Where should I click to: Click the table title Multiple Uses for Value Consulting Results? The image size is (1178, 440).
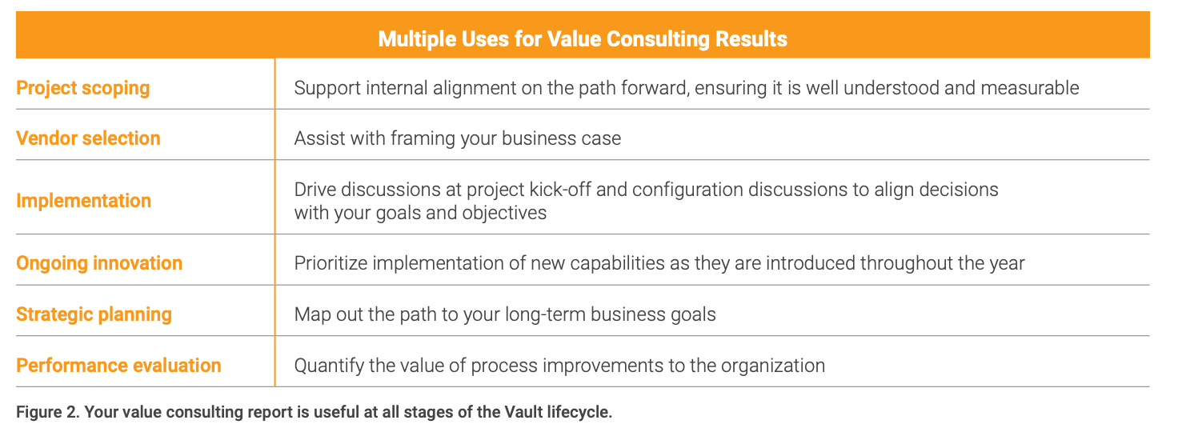click(x=582, y=39)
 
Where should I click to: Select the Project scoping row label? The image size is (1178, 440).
click(x=83, y=88)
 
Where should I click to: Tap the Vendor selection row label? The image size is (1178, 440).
click(x=88, y=138)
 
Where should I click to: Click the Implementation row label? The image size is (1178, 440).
click(x=83, y=200)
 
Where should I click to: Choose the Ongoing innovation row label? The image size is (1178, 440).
click(x=99, y=263)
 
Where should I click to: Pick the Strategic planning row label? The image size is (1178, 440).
click(x=94, y=314)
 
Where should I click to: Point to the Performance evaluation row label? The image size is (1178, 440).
click(x=119, y=366)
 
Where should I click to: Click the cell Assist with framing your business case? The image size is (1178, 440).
click(x=458, y=138)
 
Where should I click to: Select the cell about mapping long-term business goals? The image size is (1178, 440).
click(x=505, y=314)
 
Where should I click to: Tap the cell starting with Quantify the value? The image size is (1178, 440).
click(x=559, y=366)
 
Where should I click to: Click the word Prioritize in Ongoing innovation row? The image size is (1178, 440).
click(x=331, y=263)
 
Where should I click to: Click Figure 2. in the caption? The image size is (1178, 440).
click(x=48, y=412)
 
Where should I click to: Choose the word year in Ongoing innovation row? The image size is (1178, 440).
click(x=1005, y=263)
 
